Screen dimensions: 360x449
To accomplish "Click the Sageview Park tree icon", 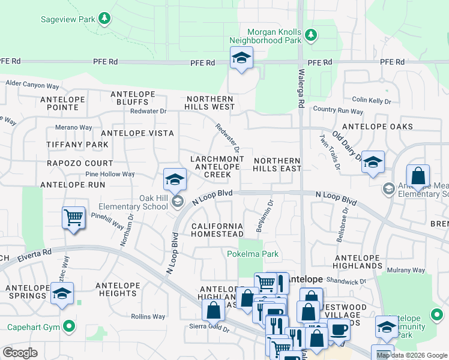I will (x=104, y=19).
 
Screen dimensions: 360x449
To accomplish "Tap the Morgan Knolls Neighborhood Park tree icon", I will (x=310, y=36).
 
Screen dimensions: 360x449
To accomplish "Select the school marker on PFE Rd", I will (x=241, y=58).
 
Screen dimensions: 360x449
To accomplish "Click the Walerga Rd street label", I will (x=301, y=87).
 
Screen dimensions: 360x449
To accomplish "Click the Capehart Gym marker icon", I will (x=70, y=327).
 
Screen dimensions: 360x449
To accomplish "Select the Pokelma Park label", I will (x=253, y=254).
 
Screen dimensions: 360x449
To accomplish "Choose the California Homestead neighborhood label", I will (x=217, y=230).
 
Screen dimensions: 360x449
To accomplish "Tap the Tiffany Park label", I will (x=77, y=145).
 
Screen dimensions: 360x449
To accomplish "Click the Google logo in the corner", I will (x=20, y=353).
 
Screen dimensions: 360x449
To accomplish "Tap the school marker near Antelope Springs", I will (x=62, y=293).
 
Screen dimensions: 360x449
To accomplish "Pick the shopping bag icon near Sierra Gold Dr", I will (x=213, y=310).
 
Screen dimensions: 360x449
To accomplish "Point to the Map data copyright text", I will (x=411, y=355).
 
